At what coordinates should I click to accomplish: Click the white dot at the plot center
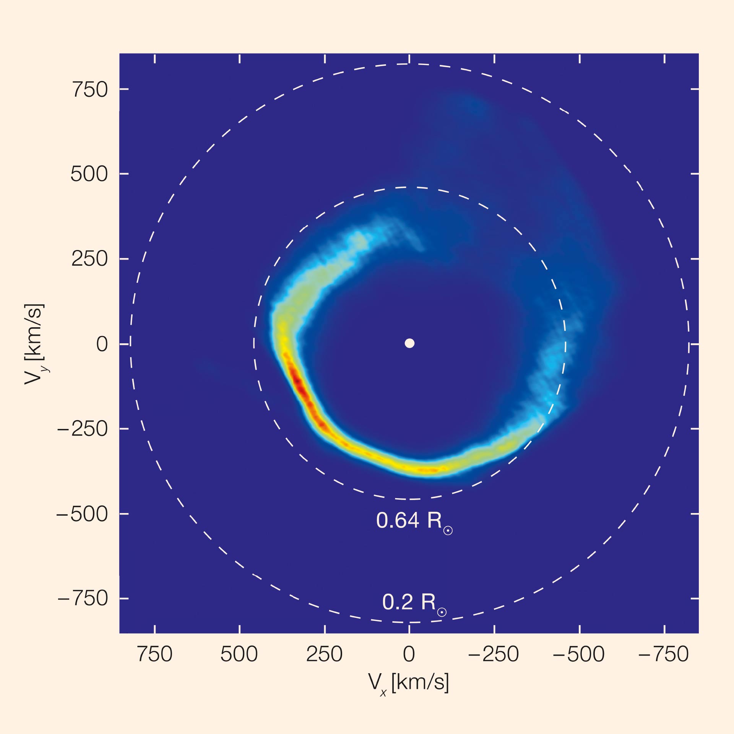409,343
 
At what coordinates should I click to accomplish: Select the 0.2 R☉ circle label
414,603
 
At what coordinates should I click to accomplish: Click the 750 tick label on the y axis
90,90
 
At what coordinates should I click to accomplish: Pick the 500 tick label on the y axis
89,175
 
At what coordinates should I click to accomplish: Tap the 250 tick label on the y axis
90,259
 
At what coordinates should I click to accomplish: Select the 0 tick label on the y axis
102,344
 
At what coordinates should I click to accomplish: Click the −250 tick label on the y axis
83,429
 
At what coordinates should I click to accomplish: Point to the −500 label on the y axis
82,514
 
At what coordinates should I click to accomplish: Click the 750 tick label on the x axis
155,654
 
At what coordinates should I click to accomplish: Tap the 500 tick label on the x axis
239,654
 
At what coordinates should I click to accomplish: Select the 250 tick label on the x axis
324,654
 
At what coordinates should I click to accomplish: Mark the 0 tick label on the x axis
409,654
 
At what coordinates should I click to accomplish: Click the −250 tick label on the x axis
494,654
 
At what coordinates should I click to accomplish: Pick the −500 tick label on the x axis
579,654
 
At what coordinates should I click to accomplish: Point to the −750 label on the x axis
664,654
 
